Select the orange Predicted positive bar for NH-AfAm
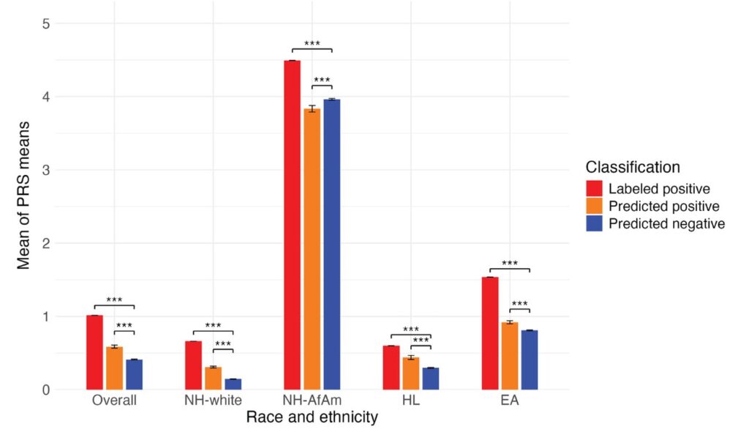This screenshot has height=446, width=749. tap(312, 249)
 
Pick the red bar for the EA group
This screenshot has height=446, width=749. tap(490, 333)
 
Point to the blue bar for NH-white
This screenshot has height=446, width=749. tap(233, 384)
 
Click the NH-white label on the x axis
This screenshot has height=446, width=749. tap(213, 401)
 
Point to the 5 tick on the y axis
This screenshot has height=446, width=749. tap(45, 23)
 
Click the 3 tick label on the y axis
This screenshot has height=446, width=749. tap(45, 170)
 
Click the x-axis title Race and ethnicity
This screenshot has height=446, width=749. tap(312, 418)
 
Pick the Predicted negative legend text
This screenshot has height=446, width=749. tap(666, 224)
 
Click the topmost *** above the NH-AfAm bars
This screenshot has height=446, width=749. tap(312, 44)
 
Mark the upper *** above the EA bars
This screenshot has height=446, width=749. tap(510, 264)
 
